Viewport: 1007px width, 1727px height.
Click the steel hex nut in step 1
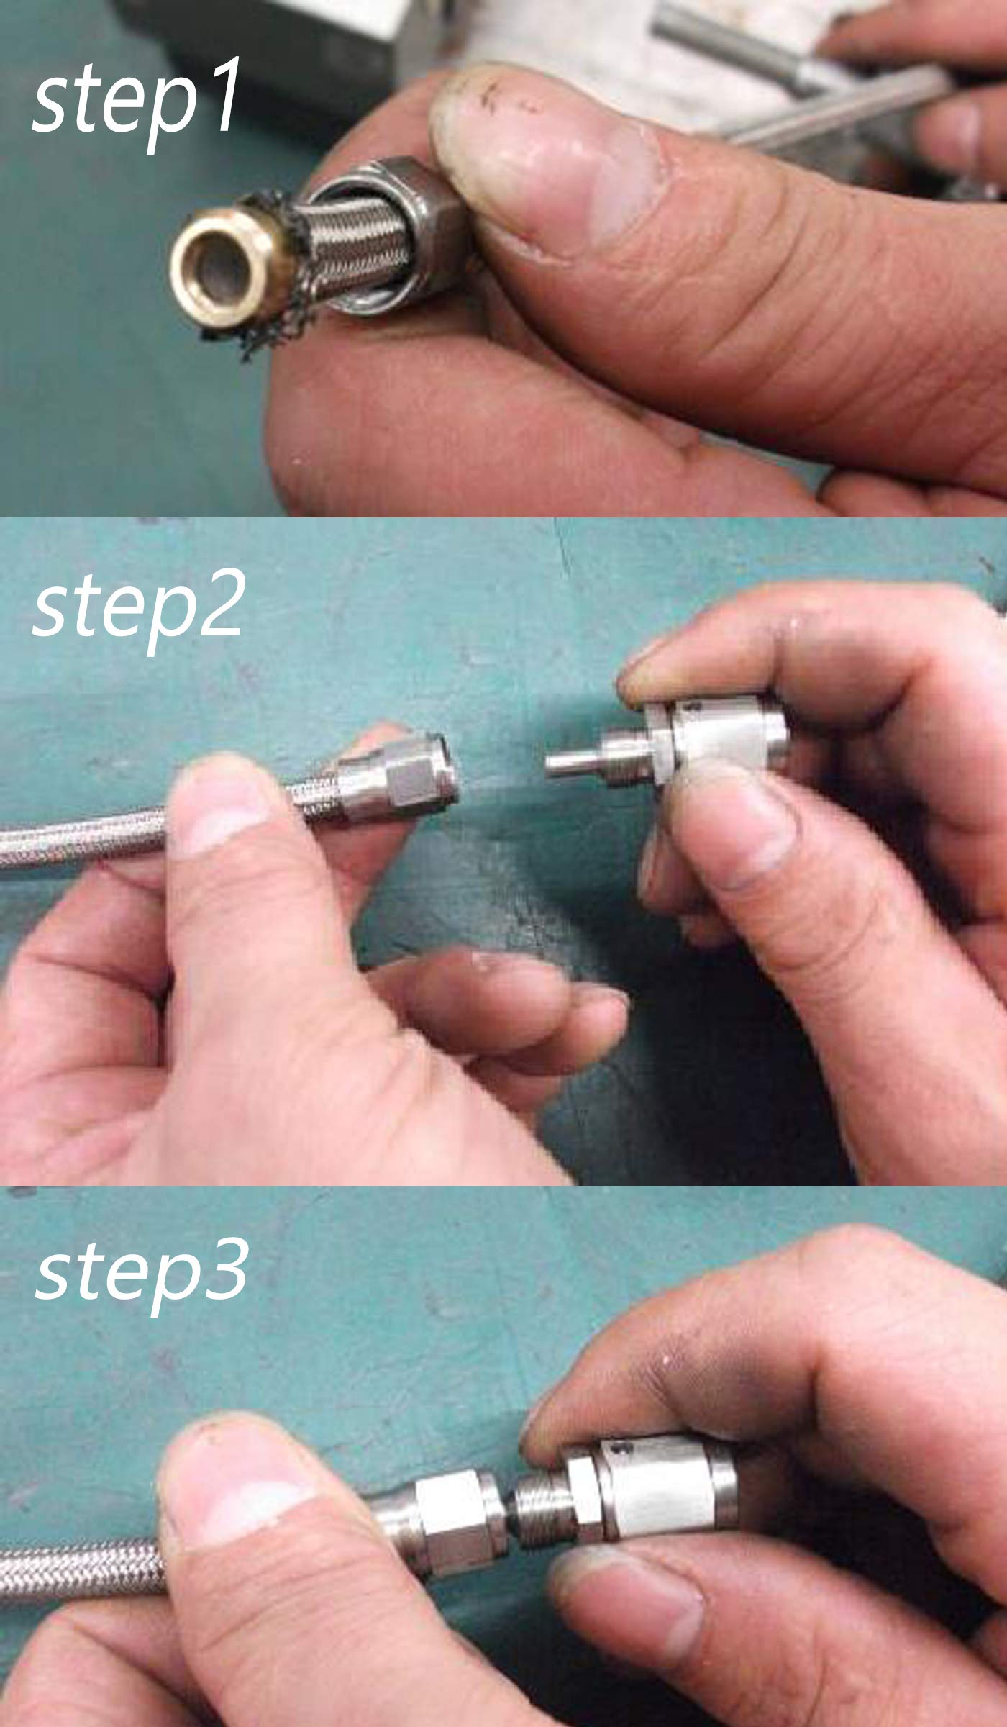pos(381,235)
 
